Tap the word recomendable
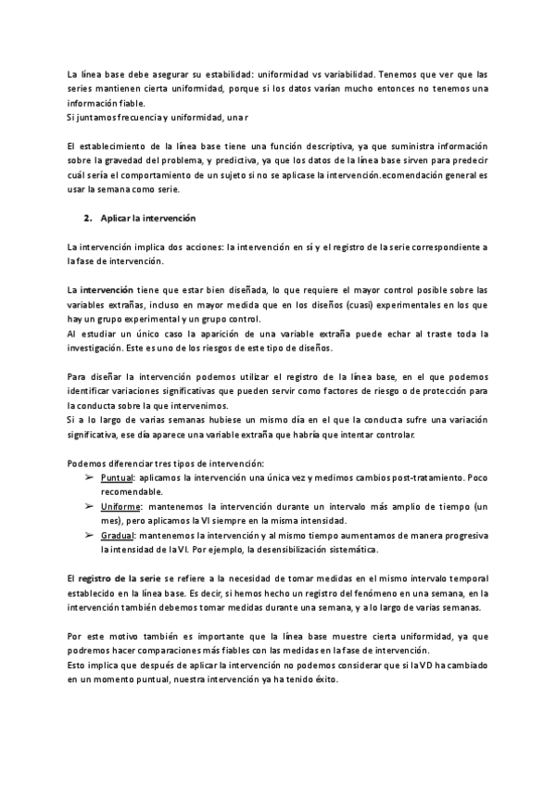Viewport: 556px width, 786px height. pyautogui.click(x=131, y=491)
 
